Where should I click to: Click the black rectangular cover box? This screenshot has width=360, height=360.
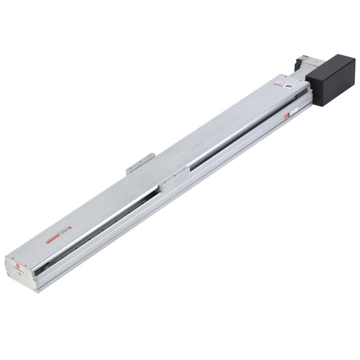click(x=332, y=80)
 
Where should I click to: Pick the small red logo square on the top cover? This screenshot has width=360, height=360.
click(x=70, y=227)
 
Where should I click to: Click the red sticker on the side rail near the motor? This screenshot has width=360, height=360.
click(x=287, y=115)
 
